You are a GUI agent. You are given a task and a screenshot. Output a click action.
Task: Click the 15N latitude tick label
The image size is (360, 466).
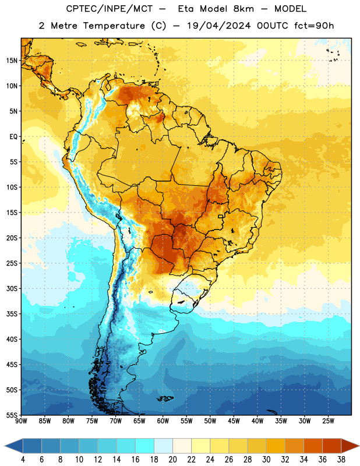tap(12, 61)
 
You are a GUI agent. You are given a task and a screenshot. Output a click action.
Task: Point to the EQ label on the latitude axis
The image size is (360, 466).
tap(13, 137)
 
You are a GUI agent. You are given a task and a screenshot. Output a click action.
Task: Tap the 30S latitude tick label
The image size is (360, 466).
tap(12, 288)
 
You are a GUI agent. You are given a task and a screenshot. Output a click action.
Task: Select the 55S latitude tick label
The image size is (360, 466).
tap(12, 415)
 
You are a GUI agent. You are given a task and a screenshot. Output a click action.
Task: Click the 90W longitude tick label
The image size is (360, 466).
tap(21, 421)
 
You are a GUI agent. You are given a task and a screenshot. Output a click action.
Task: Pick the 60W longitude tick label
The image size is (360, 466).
tap(163, 421)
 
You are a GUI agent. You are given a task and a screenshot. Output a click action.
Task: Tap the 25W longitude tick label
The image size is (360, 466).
tap(328, 421)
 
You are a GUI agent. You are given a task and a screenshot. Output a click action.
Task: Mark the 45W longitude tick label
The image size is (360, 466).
tap(234, 421)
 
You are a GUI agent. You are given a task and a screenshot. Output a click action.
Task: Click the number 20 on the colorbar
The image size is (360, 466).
tap(172, 460)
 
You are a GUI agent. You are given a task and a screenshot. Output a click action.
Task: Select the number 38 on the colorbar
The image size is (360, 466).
tap(341, 460)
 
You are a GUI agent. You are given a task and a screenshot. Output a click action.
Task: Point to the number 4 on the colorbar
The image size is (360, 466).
tap(23, 460)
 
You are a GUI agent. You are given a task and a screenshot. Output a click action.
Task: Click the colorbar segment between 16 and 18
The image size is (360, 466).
tap(145, 446)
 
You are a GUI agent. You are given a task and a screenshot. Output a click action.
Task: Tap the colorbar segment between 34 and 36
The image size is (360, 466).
tap(313, 446)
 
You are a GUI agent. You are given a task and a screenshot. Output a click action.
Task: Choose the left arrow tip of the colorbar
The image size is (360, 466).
tap(5, 446)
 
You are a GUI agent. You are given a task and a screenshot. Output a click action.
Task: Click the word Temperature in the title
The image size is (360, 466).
tap(114, 26)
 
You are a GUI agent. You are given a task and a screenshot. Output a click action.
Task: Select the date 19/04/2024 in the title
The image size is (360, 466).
tap(218, 26)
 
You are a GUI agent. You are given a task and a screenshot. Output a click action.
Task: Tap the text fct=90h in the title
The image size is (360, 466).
tap(314, 26)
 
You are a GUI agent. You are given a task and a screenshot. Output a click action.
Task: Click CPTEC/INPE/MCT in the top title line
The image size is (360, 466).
tap(109, 9)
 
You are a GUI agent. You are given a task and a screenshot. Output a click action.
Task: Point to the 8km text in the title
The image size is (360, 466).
tap(243, 9)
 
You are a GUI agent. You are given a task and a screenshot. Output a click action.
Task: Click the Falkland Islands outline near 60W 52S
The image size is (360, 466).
tap(165, 398)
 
